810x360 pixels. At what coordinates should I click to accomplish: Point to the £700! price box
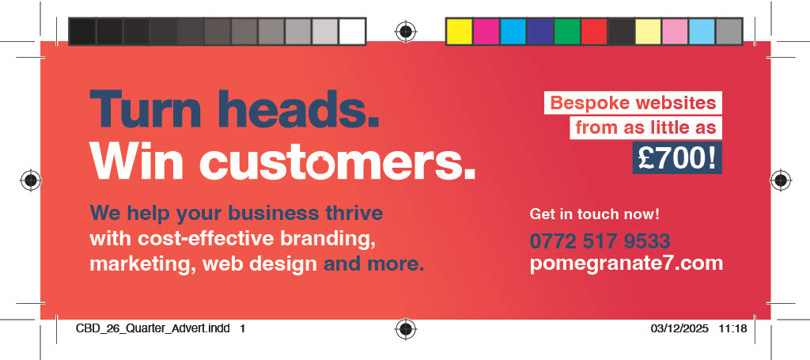point(677,158)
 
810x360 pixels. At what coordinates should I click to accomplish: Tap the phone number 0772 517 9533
point(600,241)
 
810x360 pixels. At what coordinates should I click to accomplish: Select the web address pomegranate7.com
point(626,263)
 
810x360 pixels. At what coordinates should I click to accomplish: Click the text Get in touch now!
point(595,214)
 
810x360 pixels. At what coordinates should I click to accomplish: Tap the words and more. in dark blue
point(373,264)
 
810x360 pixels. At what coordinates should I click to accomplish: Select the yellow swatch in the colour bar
point(460,32)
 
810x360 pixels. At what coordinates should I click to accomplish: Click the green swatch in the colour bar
point(567,32)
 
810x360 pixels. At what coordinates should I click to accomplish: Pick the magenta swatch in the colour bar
point(486,32)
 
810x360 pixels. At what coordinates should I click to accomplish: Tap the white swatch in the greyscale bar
point(352,32)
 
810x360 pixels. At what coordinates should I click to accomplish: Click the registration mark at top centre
point(406,32)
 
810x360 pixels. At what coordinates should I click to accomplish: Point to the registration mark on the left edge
point(31,180)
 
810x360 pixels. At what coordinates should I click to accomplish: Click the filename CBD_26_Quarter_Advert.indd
point(153,328)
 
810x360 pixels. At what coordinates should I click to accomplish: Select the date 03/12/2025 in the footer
point(679,328)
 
